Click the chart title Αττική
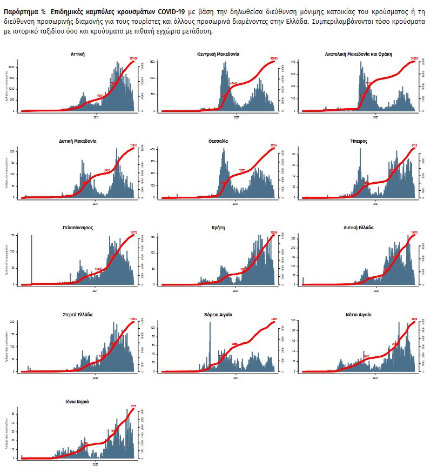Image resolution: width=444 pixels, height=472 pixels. (78, 54)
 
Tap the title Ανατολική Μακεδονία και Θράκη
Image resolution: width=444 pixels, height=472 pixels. (358, 54)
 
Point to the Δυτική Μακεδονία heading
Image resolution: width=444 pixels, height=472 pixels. (78, 141)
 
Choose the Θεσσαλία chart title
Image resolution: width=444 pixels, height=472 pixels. (218, 141)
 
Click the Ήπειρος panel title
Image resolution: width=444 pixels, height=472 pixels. (358, 141)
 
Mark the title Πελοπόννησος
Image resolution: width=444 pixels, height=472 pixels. (78, 228)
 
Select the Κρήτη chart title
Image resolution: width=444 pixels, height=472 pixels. (218, 228)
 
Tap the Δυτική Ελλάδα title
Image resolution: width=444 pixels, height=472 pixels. (358, 228)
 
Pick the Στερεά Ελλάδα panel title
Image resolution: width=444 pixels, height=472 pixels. (78, 314)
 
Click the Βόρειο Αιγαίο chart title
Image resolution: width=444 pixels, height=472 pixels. (218, 314)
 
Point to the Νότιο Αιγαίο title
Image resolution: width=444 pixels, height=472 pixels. (358, 314)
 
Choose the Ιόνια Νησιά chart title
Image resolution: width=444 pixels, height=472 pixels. (78, 402)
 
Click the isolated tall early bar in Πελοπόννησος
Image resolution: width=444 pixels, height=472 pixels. (31, 260)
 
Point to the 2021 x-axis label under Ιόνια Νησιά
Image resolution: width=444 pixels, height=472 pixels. (96, 463)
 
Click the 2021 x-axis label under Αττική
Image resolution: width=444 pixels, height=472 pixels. (96, 116)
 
